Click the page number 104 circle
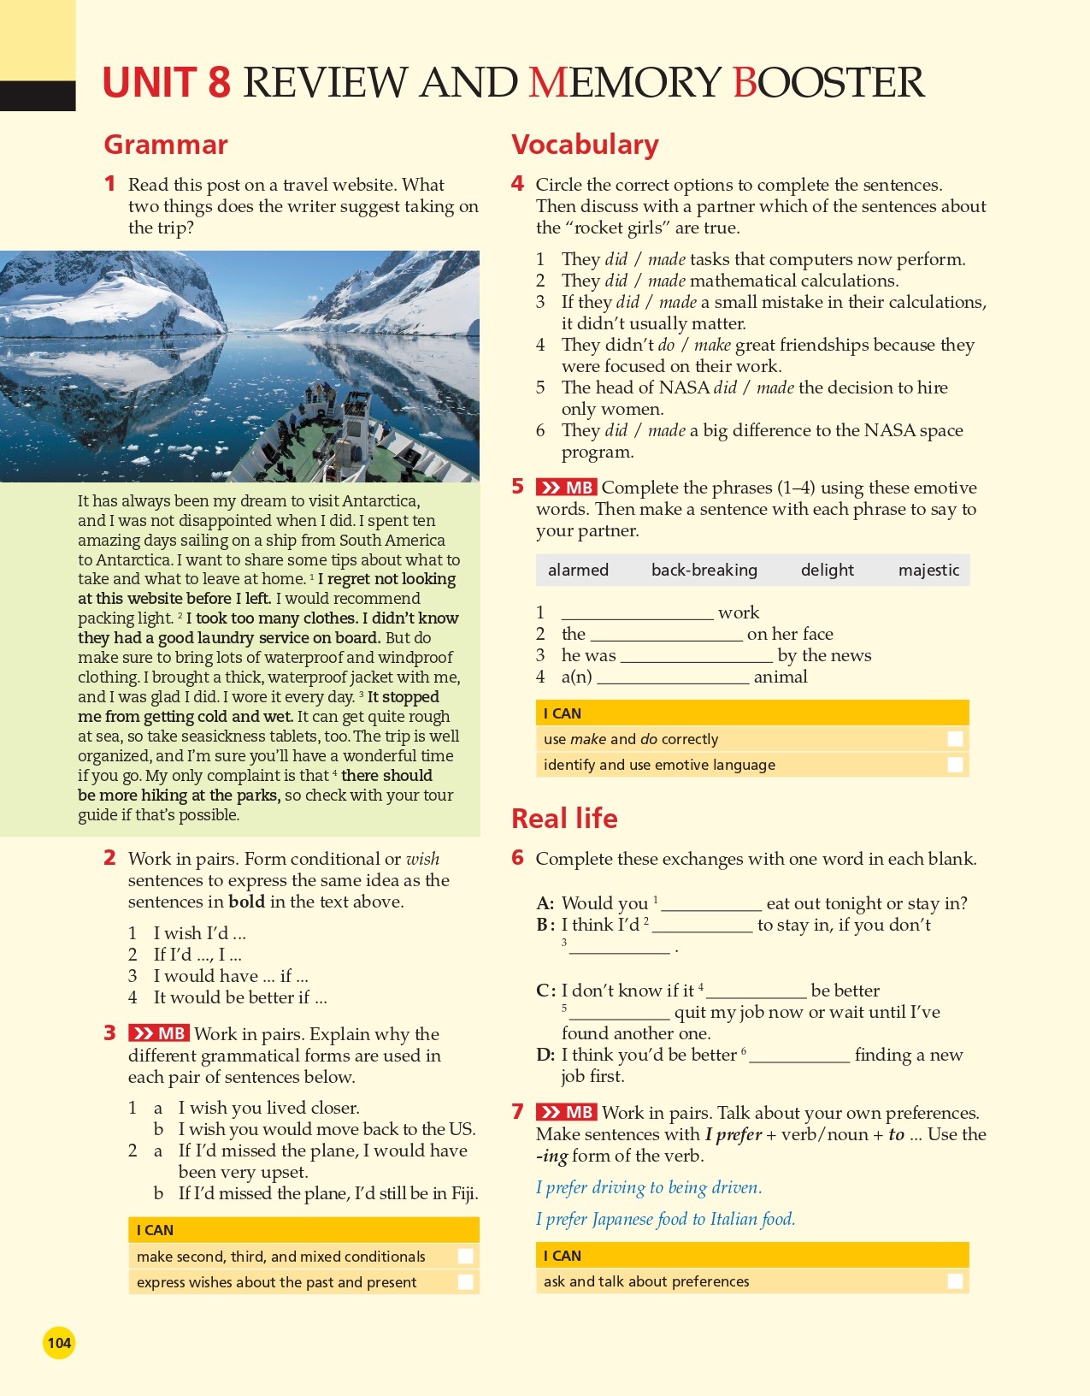click(x=59, y=1342)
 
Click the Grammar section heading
click(x=166, y=145)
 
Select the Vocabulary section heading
click(x=585, y=145)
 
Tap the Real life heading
click(x=564, y=819)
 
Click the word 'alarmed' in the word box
click(x=578, y=570)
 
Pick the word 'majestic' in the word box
click(x=928, y=570)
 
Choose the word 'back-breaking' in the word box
click(x=704, y=570)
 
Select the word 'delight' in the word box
click(x=827, y=570)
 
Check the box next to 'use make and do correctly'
click(x=955, y=739)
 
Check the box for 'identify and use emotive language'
click(x=955, y=765)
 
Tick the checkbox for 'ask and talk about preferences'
click(x=955, y=1281)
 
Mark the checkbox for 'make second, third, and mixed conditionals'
click(x=465, y=1257)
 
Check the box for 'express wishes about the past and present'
click(x=465, y=1282)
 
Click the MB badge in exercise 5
click(x=566, y=488)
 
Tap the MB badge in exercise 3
click(x=159, y=1033)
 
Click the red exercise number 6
click(x=517, y=858)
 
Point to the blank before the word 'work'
click(x=637, y=614)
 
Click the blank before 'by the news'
click(x=697, y=657)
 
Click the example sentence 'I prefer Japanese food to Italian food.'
click(x=665, y=1219)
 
